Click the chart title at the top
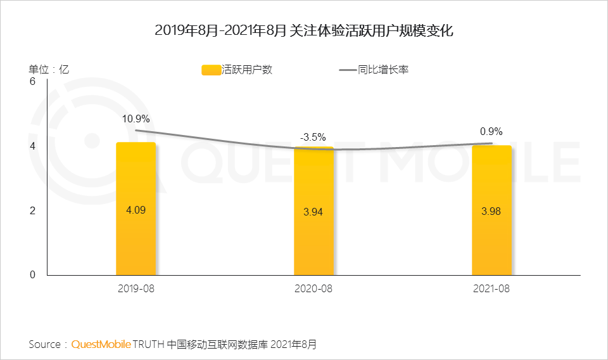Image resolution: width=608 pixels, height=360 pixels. coord(304,30)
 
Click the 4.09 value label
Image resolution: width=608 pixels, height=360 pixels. coord(136,210)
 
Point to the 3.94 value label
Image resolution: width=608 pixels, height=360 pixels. coord(313,212)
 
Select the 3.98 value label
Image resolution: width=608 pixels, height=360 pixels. coord(491,212)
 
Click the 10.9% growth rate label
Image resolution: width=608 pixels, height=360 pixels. coord(136,119)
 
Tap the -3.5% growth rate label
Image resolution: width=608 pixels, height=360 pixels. coord(313,136)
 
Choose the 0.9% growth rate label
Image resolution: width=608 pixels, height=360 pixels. coord(491,132)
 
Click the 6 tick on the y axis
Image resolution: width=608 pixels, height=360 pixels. coord(32,82)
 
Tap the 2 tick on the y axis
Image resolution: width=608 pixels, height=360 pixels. coord(32,210)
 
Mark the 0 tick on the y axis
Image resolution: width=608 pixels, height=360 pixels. coord(32,274)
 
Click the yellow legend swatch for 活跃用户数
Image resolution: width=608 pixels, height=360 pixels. coord(210,70)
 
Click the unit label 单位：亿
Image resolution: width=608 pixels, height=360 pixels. coord(48,70)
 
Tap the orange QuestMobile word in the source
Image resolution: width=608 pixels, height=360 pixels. coord(101,345)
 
